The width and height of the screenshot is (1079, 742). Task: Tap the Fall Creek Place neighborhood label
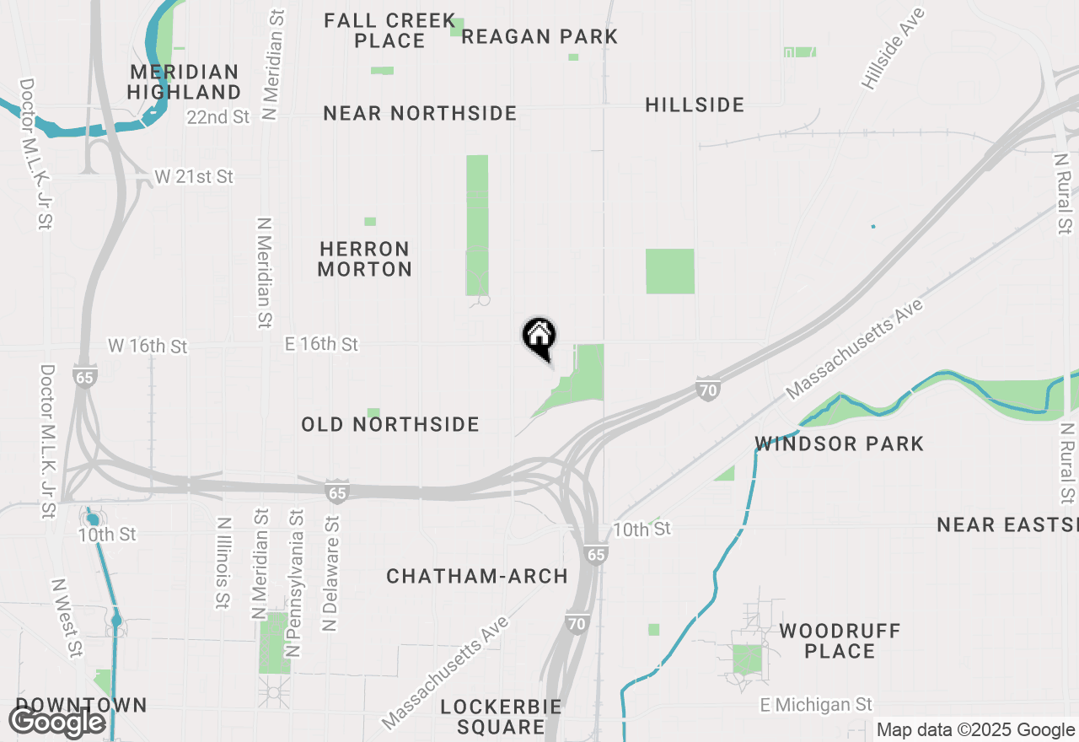(389, 30)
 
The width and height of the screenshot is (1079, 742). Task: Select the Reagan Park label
(539, 36)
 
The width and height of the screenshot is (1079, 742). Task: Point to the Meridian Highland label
(185, 82)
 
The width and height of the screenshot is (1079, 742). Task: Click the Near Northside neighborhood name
(420, 113)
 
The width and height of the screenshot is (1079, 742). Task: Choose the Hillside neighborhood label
(695, 105)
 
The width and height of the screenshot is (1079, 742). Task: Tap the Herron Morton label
(365, 259)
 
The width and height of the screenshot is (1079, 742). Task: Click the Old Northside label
(390, 424)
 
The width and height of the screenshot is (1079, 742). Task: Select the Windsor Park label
(840, 444)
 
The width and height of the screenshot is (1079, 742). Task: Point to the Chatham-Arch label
(477, 576)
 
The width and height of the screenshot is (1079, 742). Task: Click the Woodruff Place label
(840, 641)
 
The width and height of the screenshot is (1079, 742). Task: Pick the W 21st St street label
(194, 177)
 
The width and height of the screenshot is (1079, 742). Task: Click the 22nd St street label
(218, 117)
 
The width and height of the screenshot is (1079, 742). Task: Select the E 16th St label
(321, 344)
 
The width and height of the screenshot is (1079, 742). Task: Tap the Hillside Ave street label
(893, 49)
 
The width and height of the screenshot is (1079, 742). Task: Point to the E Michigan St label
(816, 704)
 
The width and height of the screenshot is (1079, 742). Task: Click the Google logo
(56, 723)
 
